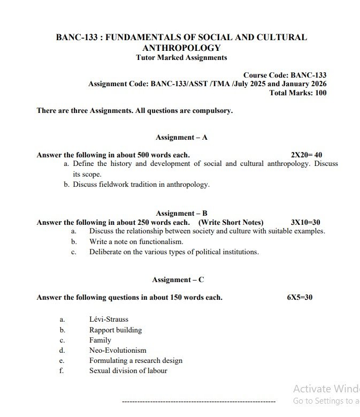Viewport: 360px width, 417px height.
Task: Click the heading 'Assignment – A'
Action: pos(181,138)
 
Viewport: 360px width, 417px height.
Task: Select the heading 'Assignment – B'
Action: pos(181,214)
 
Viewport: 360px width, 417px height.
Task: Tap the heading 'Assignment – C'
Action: pos(178,280)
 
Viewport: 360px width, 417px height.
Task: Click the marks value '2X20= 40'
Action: pos(307,155)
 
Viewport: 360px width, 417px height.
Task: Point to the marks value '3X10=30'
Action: pos(305,223)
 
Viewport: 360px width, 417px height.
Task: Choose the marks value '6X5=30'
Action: pos(300,298)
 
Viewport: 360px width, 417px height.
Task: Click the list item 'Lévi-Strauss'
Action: pos(109,320)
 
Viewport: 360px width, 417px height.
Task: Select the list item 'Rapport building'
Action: pos(116,330)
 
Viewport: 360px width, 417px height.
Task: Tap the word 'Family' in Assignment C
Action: pos(100,340)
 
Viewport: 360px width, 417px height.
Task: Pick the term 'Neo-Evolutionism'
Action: pos(118,350)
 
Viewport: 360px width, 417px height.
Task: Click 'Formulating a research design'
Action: pos(136,360)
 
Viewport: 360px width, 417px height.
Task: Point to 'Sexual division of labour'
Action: pos(128,370)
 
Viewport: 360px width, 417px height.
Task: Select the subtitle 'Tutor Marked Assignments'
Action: pos(181,58)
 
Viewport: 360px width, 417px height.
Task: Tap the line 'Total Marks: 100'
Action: pos(297,93)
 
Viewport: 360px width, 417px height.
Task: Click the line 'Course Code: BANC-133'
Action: pos(285,75)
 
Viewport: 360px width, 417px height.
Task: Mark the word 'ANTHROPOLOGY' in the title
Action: pos(181,48)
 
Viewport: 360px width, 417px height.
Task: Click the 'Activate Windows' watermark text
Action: pos(326,389)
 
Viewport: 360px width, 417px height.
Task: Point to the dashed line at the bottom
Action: pos(198,401)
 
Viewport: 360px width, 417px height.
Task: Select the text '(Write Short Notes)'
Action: pos(231,223)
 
